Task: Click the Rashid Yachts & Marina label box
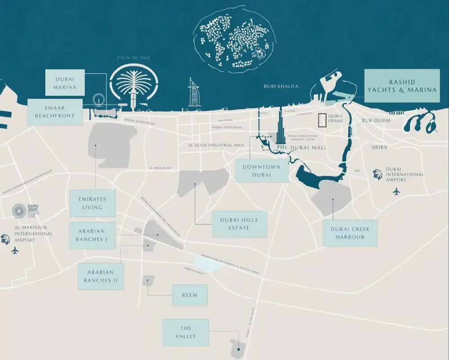[401, 85]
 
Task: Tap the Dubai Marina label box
[64, 82]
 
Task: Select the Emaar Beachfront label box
[54, 112]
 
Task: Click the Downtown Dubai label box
[261, 170]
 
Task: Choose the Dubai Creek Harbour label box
[350, 233]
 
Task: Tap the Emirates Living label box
[93, 203]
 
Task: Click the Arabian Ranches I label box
[92, 235]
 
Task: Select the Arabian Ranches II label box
[100, 276]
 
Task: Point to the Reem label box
[190, 295]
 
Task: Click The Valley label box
[186, 332]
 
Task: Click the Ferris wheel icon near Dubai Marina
[98, 99]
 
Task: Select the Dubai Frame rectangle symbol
[322, 120]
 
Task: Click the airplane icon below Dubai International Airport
[396, 192]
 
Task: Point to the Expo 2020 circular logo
[19, 211]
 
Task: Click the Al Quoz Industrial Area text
[216, 145]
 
